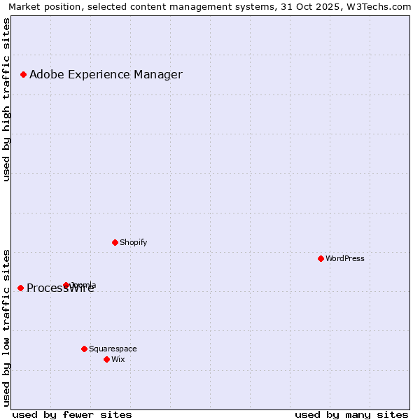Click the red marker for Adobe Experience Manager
coord(23,74)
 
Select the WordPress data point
coord(321,258)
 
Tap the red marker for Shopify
coord(115,242)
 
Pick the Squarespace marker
coord(84,349)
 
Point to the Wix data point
coord(106,359)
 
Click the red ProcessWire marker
coord(20,288)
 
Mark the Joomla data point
coord(66,285)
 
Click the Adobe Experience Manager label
coord(106,74)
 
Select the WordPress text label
coord(345,258)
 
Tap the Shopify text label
coord(133,242)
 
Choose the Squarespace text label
coord(113,349)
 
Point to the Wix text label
coord(118,359)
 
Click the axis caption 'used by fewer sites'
coord(72,414)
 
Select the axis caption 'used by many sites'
coord(351,414)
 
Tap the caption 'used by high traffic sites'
coord(7,100)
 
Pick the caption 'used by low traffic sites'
coord(7,327)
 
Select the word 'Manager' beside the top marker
coord(161,74)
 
